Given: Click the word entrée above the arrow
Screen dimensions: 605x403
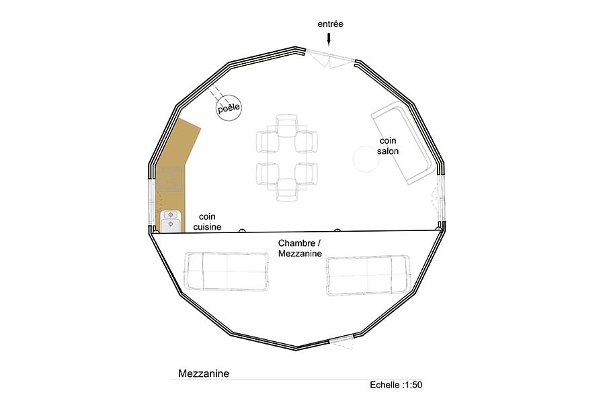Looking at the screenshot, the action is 330,24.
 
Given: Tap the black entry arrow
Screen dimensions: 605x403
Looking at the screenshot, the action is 329,39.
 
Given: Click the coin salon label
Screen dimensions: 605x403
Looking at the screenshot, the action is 388,146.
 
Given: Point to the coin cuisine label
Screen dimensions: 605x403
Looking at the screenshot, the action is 207,222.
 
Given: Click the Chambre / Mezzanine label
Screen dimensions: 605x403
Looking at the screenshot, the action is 300,249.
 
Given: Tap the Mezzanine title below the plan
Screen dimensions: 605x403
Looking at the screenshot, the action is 204,373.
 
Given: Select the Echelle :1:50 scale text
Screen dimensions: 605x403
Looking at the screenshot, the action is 396,385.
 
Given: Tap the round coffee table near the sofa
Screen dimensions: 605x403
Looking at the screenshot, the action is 366,159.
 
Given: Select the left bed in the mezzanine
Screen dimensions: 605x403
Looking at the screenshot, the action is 227,271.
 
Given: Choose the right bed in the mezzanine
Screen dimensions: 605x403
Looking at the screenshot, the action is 368,275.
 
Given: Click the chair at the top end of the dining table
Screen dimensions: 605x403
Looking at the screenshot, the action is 286,126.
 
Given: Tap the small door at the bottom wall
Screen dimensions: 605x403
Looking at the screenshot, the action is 341,343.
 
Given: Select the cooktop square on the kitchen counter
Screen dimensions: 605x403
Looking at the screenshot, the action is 169,179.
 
